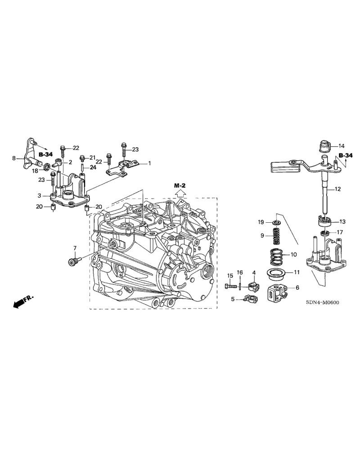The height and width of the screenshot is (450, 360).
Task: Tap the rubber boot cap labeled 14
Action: coord(324,147)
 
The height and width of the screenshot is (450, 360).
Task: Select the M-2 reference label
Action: coord(180,185)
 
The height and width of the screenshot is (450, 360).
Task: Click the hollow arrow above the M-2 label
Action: coord(180,193)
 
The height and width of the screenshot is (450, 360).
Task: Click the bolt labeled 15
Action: coord(230,286)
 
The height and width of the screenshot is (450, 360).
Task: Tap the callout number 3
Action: coord(40,196)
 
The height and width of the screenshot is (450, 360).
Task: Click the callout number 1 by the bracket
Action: coord(149,163)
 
